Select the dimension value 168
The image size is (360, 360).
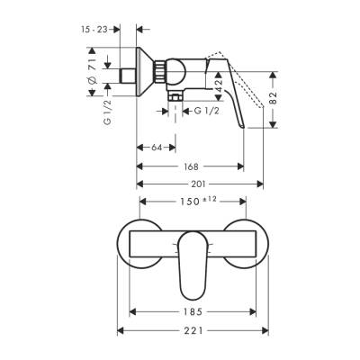[x=190, y=166]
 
